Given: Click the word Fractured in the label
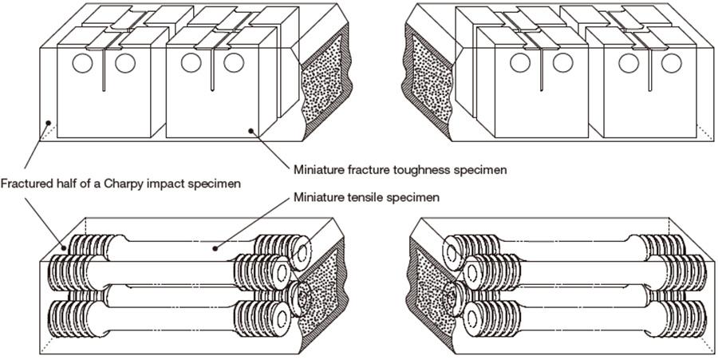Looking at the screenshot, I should pyautogui.click(x=25, y=184).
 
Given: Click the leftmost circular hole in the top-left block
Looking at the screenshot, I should pyautogui.click(x=83, y=63).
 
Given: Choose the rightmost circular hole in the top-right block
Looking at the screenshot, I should pyautogui.click(x=673, y=63).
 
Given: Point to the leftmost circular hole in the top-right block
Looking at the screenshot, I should pyautogui.click(x=519, y=63).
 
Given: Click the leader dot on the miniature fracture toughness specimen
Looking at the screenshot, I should pyautogui.click(x=251, y=130).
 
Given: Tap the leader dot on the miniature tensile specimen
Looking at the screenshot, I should pyautogui.click(x=215, y=248).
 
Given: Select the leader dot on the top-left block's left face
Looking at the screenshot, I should pyautogui.click(x=48, y=123).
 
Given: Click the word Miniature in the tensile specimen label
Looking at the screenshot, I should pyautogui.click(x=318, y=196).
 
